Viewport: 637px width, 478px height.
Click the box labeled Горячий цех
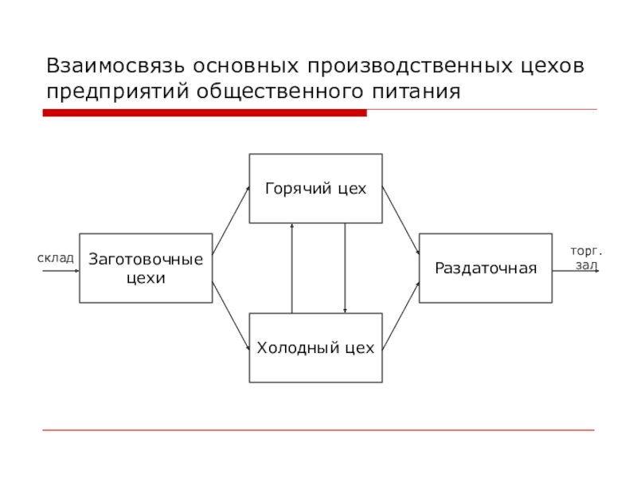[315, 189]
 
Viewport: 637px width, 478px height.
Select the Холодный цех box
[315, 348]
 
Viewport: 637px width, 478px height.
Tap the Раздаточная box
[486, 268]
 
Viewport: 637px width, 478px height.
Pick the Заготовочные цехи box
[146, 268]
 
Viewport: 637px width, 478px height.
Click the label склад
[56, 258]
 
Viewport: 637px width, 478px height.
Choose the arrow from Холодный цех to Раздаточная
[401, 315]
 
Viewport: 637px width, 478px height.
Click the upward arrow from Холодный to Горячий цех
[292, 268]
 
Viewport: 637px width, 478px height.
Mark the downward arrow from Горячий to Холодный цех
[345, 268]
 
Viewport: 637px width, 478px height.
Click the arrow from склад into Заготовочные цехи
[61, 271]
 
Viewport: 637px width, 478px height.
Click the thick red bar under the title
[205, 113]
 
